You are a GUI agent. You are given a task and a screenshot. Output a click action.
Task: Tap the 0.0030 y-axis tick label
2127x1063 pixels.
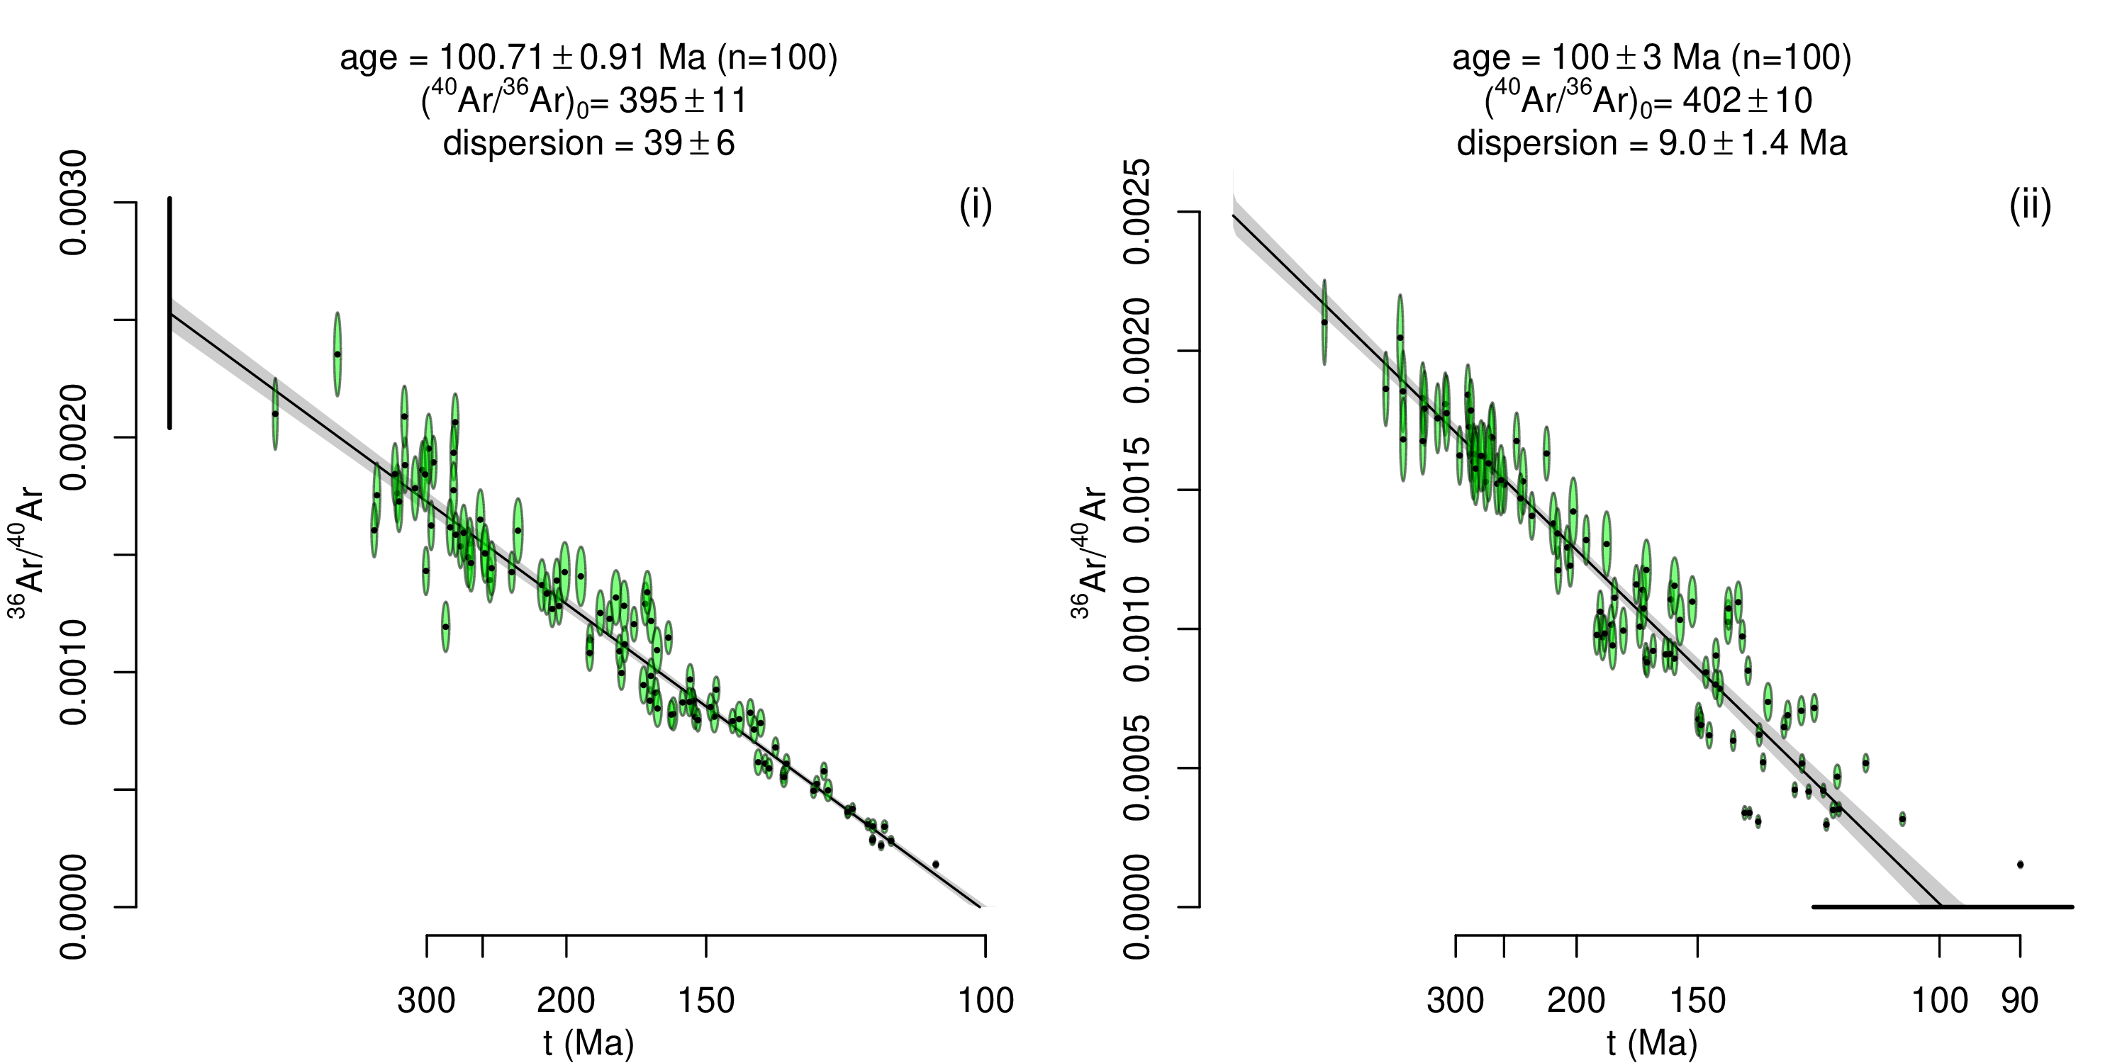(x=74, y=203)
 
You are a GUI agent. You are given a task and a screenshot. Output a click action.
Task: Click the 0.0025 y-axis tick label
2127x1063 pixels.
(x=1138, y=212)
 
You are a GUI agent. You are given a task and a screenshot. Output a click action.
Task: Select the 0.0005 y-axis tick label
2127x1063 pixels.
(x=1138, y=768)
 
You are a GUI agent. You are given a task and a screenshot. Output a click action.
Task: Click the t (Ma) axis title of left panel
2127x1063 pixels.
(x=588, y=1042)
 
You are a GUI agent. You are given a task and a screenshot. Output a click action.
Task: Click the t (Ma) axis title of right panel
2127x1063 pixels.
(x=1652, y=1042)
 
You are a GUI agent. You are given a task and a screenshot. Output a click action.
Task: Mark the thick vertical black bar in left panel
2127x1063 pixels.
(x=169, y=314)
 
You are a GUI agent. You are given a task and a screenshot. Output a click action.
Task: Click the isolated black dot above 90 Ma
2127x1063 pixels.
(x=2020, y=864)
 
